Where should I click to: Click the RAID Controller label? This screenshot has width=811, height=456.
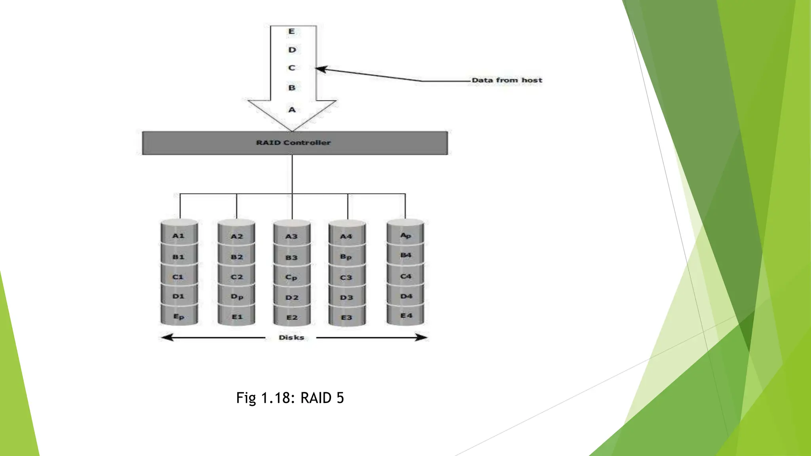click(293, 142)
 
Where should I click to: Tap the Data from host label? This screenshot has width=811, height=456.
click(506, 80)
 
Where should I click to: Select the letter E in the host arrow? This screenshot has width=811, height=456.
click(292, 31)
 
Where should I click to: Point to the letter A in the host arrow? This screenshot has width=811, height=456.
click(292, 110)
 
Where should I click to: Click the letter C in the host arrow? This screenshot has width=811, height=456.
click(292, 68)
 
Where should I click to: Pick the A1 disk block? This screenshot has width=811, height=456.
click(179, 236)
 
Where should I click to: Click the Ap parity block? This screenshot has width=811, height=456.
click(405, 236)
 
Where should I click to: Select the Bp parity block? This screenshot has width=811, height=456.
click(346, 257)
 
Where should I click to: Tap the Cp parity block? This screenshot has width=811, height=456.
click(291, 277)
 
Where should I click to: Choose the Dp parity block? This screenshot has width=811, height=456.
click(237, 297)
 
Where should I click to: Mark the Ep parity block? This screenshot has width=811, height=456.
click(179, 317)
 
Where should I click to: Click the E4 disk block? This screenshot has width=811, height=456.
click(406, 315)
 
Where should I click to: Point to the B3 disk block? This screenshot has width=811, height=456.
click(291, 258)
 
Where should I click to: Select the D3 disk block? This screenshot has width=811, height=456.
click(346, 298)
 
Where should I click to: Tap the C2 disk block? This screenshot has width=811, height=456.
click(237, 277)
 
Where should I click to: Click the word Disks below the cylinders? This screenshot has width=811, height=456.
click(291, 338)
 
